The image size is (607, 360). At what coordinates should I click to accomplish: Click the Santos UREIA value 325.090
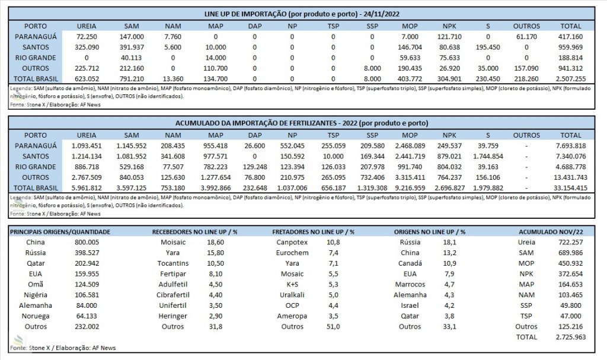tap(87, 47)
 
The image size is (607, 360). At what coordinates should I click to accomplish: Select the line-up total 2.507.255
tap(571, 79)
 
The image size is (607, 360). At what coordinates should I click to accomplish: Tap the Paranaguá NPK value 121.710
tap(449, 37)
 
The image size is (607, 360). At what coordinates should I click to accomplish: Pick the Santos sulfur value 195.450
tap(488, 47)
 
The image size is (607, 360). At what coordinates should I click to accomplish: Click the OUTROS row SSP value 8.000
tap(372, 68)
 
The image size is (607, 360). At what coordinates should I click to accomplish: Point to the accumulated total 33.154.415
tap(571, 188)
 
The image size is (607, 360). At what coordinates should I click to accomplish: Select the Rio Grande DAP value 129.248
tap(255, 167)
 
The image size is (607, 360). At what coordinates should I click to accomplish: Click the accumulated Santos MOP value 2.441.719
tap(410, 157)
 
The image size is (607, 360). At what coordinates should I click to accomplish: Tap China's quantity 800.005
tap(87, 242)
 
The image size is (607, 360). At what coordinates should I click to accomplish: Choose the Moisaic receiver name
tap(173, 242)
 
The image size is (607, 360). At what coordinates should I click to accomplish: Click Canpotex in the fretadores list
tap(292, 242)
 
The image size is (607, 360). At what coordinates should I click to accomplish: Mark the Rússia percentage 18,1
tap(449, 242)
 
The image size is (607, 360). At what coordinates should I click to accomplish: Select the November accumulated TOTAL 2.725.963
tap(571, 337)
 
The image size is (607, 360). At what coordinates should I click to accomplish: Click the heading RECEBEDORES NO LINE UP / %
tap(194, 232)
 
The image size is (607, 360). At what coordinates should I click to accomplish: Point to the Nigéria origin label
tap(35, 295)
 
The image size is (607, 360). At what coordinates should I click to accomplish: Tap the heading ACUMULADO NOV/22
tap(551, 232)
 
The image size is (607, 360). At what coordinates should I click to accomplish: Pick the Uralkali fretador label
tap(292, 295)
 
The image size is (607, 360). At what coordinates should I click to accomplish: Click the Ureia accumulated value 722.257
tap(571, 242)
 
